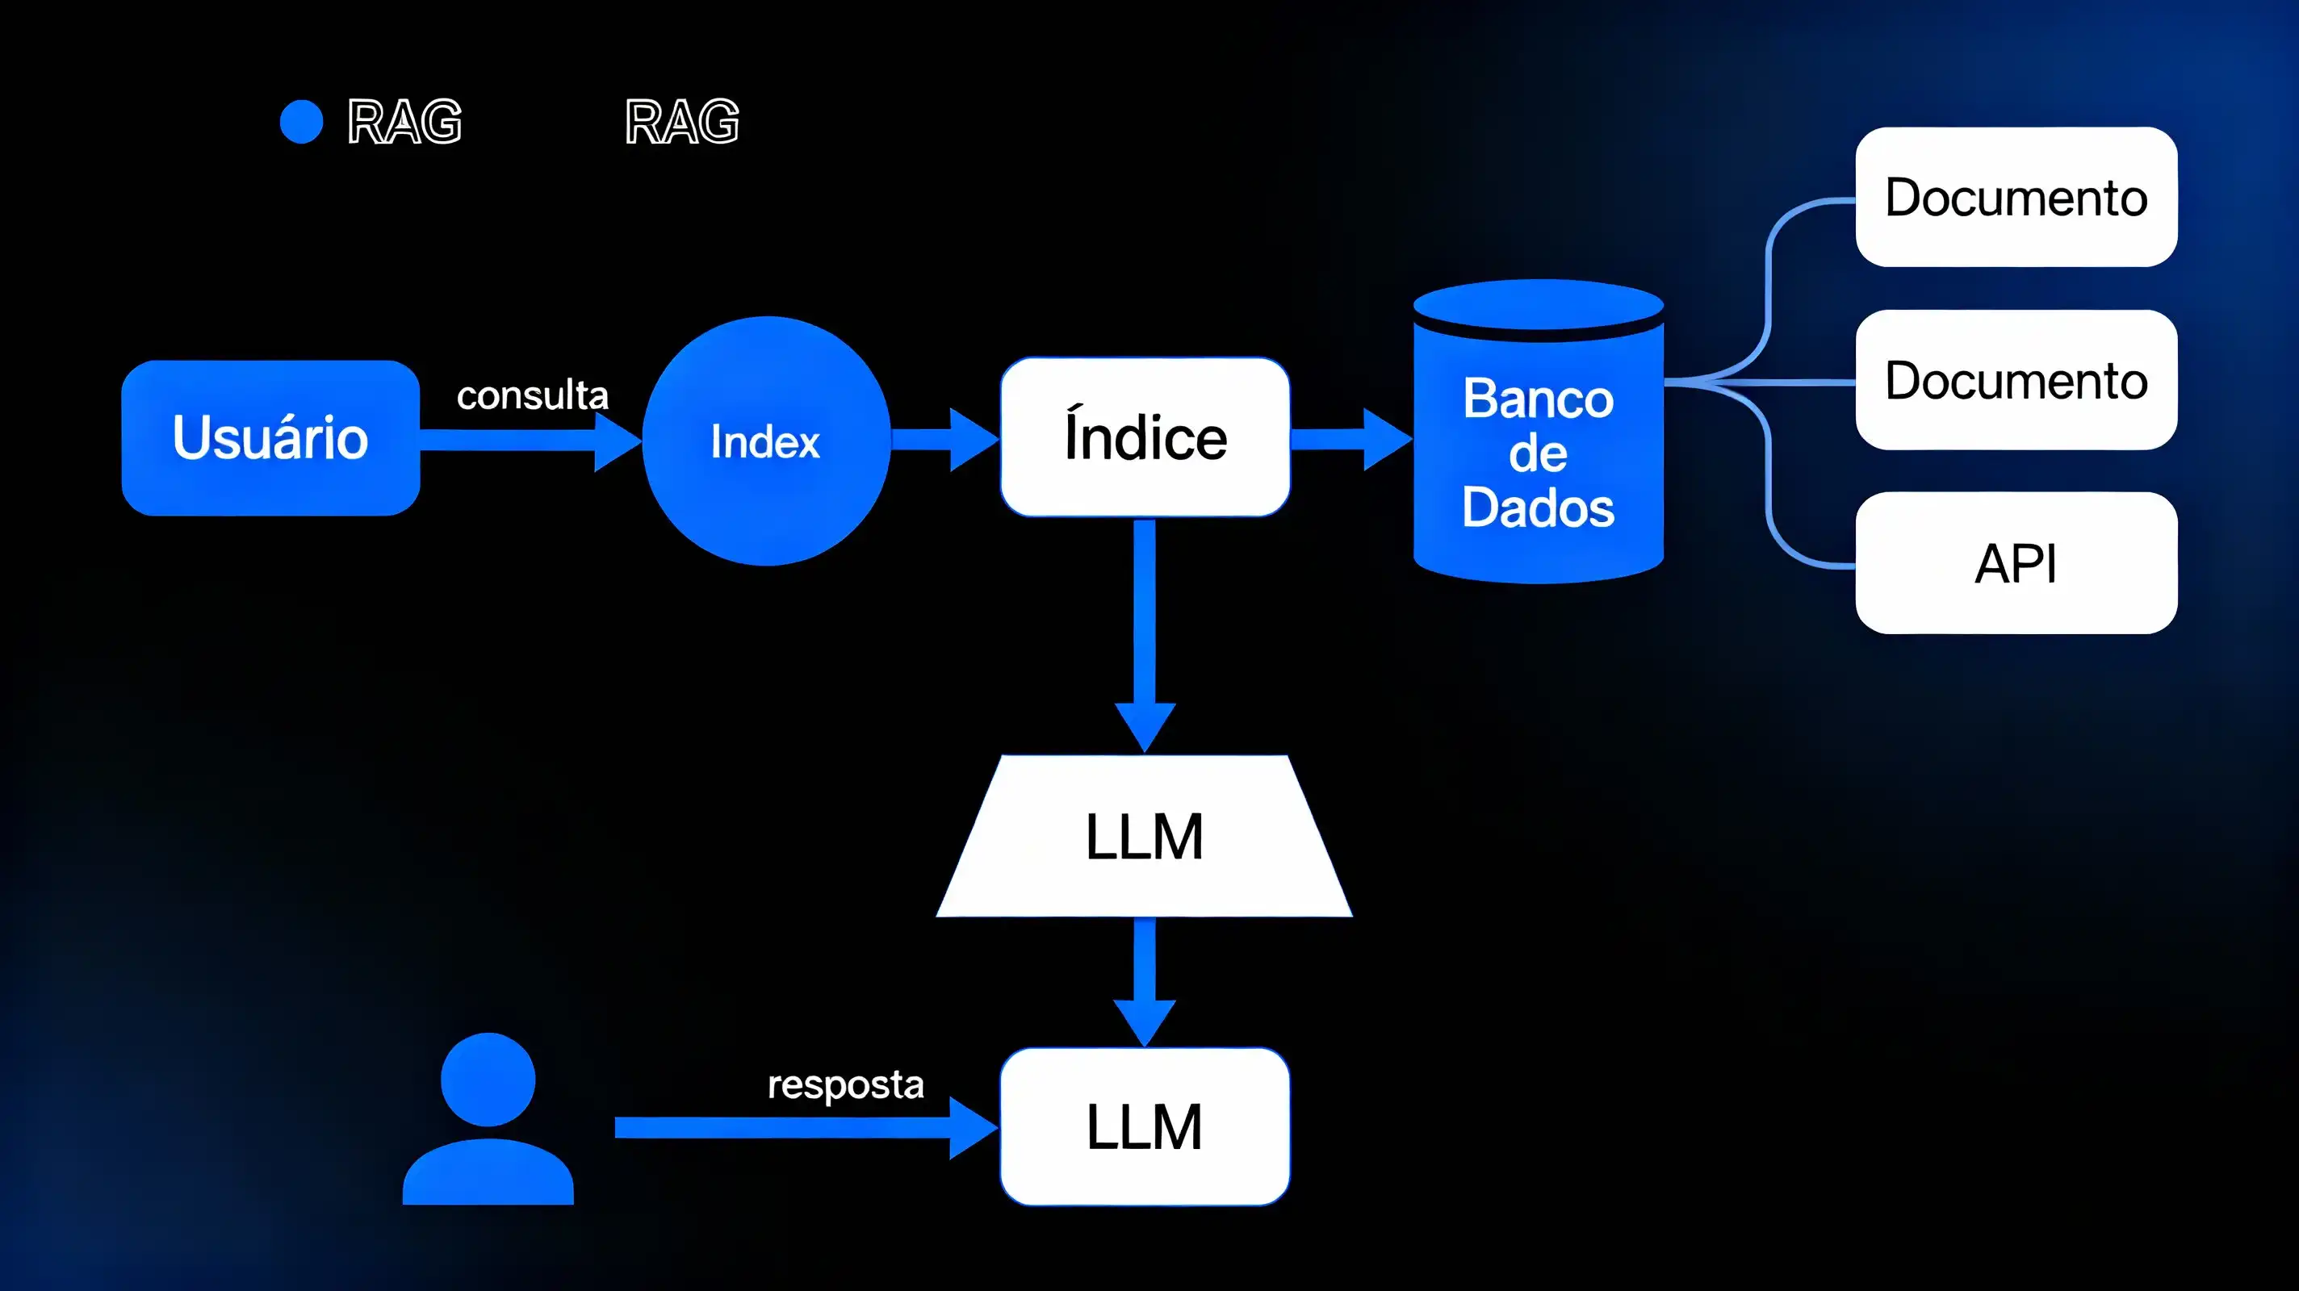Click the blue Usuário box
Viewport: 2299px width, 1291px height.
pos(270,437)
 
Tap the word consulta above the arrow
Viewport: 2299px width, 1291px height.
pos(532,395)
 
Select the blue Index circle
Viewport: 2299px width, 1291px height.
pos(766,441)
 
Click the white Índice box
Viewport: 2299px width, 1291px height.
pos(1145,437)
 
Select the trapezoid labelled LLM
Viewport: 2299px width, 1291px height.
pos(1144,836)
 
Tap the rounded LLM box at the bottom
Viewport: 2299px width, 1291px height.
pos(1144,1126)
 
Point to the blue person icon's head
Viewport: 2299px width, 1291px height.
pos(488,1079)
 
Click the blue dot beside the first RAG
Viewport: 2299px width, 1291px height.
pos(302,121)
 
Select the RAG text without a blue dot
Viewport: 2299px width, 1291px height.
pos(682,121)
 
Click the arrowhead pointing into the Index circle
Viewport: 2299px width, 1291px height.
pos(618,439)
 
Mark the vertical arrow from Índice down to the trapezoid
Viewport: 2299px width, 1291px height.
pos(1145,633)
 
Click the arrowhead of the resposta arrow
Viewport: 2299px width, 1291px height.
pos(973,1128)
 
